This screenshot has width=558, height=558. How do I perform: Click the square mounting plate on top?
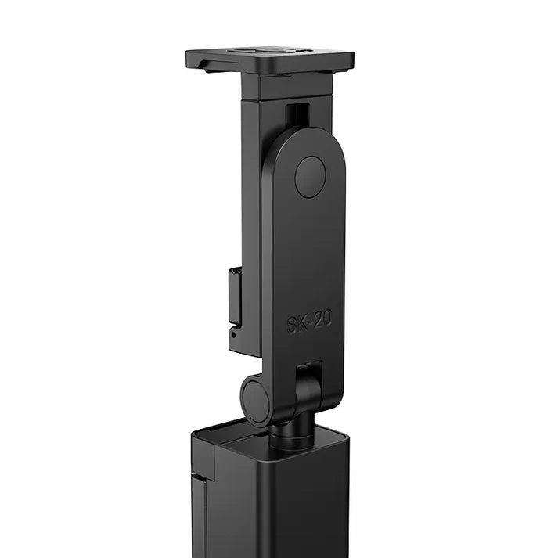click(270, 60)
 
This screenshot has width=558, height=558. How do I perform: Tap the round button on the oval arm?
click(310, 176)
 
